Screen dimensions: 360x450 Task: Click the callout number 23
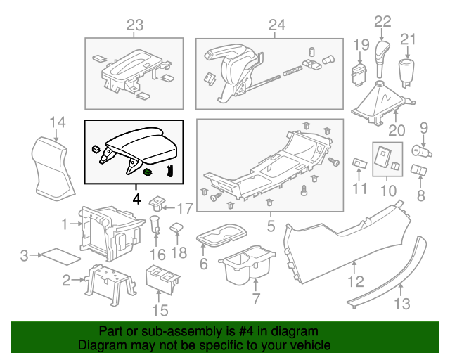pyautogui.click(x=134, y=26)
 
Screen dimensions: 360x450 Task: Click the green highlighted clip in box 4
pyautogui.click(x=148, y=171)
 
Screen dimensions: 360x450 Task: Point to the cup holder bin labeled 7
pyautogui.click(x=247, y=269)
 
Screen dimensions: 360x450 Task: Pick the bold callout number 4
pyautogui.click(x=136, y=199)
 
